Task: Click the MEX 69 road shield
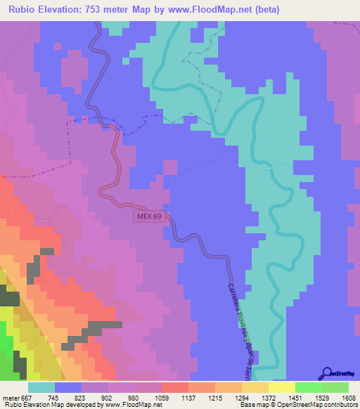point(148,217)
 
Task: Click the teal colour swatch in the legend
point(41,387)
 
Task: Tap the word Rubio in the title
point(21,9)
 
